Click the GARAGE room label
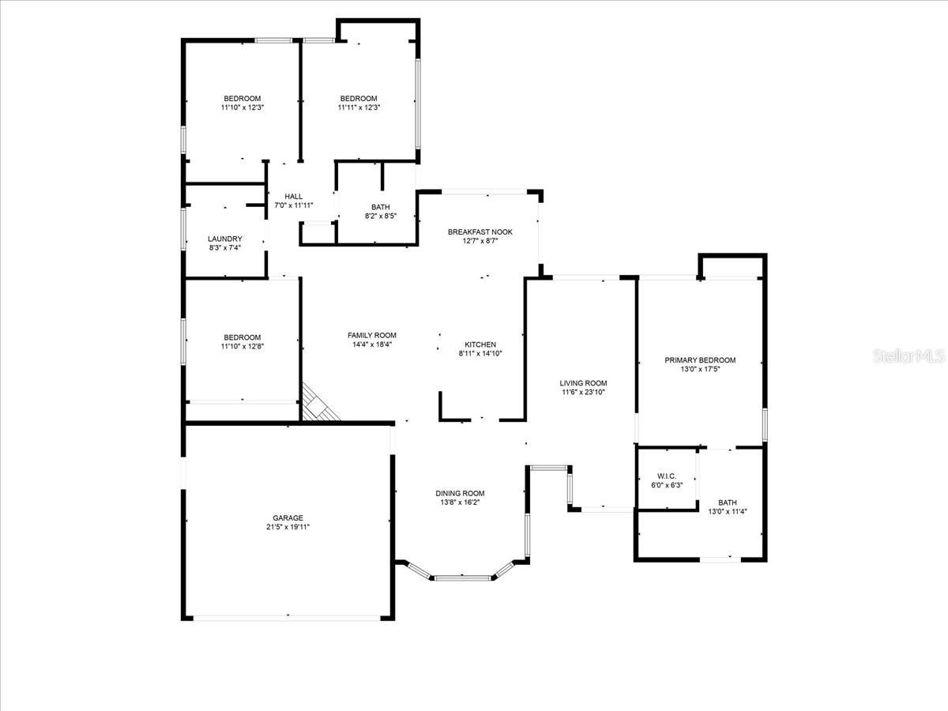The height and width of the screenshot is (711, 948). (288, 517)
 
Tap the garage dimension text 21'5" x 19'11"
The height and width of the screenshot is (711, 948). (288, 527)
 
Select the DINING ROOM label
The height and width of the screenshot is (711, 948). (460, 493)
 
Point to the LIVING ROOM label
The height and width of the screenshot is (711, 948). (583, 383)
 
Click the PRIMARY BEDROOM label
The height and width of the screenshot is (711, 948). (700, 360)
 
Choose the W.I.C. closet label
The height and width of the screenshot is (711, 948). (667, 476)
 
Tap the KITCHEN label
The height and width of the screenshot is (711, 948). (480, 344)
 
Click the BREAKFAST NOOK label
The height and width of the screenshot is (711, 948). (480, 231)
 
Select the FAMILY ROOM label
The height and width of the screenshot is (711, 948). (372, 336)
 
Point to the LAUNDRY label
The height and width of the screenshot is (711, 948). (225, 239)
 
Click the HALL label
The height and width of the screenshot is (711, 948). (294, 197)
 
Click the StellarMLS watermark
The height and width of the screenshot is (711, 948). (908, 356)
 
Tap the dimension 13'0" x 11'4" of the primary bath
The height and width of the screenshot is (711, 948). (728, 512)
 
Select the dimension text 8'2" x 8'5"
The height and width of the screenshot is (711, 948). (381, 216)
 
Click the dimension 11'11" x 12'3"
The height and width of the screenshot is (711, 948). (359, 107)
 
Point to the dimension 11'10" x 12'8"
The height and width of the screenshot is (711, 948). (243, 346)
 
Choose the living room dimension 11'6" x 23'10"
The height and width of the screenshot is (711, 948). (583, 392)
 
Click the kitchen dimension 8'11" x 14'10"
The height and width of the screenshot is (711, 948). (480, 354)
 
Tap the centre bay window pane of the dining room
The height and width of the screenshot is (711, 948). (463, 578)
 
